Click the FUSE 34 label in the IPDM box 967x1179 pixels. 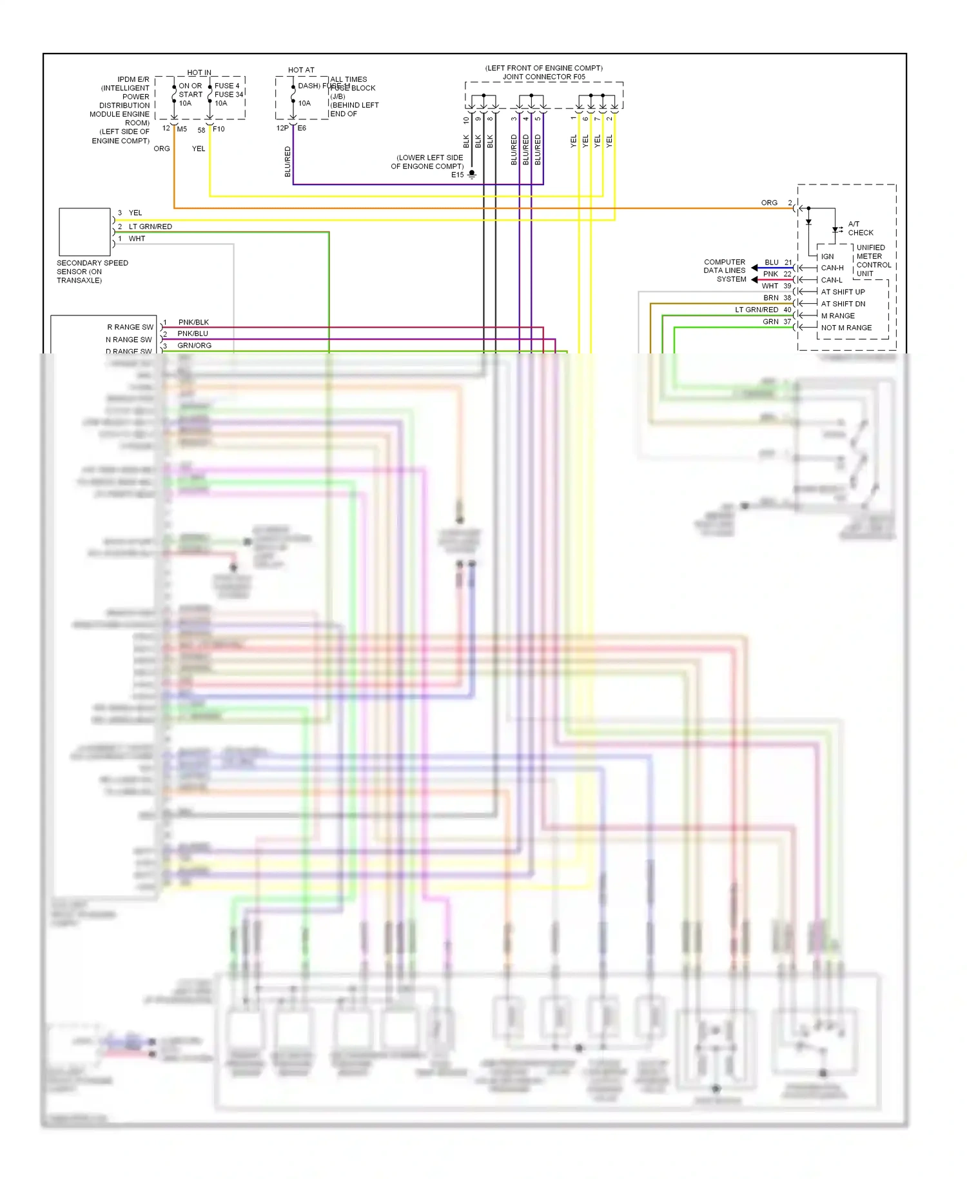click(x=229, y=94)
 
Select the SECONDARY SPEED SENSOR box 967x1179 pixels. click(x=84, y=232)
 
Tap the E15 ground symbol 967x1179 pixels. click(x=472, y=174)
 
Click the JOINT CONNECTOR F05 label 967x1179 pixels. click(x=543, y=77)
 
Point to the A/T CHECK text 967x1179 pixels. click(x=860, y=228)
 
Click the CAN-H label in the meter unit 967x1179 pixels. click(x=832, y=268)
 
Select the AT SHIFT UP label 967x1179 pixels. click(x=843, y=292)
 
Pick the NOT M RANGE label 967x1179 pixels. click(x=846, y=328)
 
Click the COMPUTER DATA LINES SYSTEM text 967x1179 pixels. click(x=725, y=270)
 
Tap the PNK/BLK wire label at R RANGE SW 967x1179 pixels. click(x=193, y=322)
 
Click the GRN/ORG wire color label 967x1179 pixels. click(x=194, y=346)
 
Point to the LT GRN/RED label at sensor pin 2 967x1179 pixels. click(x=150, y=226)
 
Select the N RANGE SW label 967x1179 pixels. click(x=129, y=339)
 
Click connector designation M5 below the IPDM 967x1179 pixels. click(x=182, y=129)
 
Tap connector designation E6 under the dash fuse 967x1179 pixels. click(x=302, y=128)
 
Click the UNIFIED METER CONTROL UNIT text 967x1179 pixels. click(x=873, y=261)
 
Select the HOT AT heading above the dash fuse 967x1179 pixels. click(x=301, y=70)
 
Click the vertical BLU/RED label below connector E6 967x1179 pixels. click(x=288, y=161)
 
